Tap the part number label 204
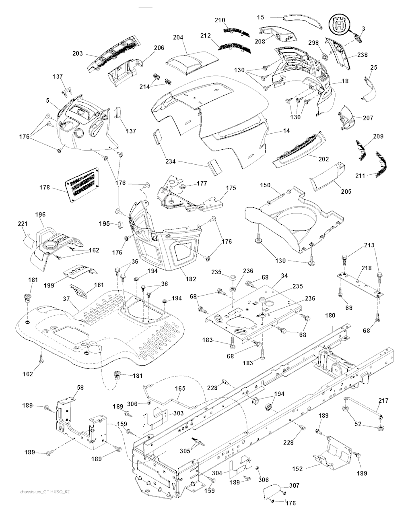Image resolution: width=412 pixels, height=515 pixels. click(178, 37)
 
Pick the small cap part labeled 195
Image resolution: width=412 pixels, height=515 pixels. click(119, 224)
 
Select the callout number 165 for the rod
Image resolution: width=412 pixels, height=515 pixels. click(180, 389)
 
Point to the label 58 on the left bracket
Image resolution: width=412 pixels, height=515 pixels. click(80, 387)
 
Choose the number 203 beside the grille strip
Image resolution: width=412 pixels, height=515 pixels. click(78, 54)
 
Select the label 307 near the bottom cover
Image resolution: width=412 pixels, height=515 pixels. click(294, 486)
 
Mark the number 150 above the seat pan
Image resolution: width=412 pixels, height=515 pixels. click(265, 185)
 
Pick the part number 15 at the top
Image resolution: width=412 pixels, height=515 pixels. click(261, 17)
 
